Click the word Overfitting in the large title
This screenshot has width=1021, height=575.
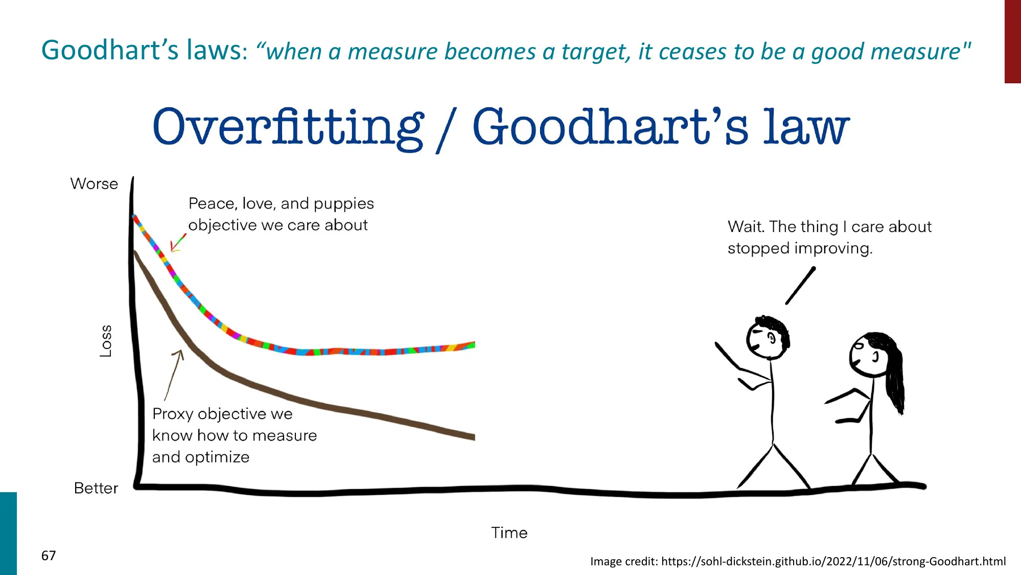click(288, 128)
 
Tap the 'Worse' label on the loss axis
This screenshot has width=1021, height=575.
click(94, 183)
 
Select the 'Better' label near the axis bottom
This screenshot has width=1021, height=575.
click(96, 488)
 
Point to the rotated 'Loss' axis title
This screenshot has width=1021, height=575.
click(105, 341)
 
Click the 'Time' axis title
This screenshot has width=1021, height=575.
click(509, 533)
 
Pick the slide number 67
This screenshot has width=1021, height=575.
click(49, 556)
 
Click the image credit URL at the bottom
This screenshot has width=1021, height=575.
click(833, 561)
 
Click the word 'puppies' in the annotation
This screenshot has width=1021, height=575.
click(344, 204)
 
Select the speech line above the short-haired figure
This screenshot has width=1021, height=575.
click(800, 285)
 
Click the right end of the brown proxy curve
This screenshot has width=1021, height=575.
click(474, 437)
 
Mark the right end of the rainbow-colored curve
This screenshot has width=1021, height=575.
click(474, 345)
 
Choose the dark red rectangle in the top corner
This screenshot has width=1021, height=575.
click(1013, 41)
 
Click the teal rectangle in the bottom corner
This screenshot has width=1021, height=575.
click(8, 534)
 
